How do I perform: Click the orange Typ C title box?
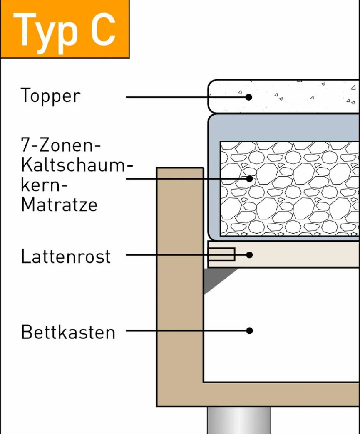pos(65,29)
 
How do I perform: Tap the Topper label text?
pos(50,96)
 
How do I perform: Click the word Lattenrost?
pos(66,256)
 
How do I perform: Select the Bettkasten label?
pos(68,332)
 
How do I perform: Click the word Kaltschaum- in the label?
pos(77,165)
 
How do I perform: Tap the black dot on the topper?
pos(249,97)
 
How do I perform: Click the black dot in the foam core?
pos(249,179)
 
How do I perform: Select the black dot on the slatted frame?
pos(249,255)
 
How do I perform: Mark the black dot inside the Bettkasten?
pos(249,330)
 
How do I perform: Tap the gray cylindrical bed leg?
pos(238,420)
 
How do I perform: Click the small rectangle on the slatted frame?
pos(222,254)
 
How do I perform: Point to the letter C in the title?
pos(103,30)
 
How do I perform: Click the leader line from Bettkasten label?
pos(188,330)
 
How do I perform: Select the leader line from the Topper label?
pos(187,97)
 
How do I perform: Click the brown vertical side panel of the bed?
pos(180,287)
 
